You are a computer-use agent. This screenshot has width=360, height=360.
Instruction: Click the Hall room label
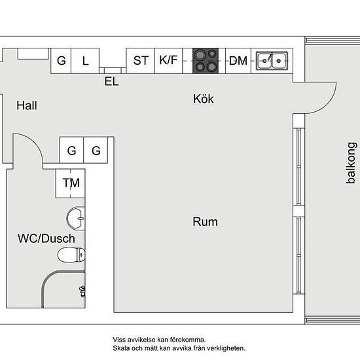click(x=27, y=105)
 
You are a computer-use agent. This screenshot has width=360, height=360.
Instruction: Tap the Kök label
click(x=203, y=99)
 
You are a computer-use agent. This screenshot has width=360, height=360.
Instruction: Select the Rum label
click(x=205, y=222)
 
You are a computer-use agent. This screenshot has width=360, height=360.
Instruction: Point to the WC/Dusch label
click(x=46, y=238)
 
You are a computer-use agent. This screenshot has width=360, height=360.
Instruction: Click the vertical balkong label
click(x=351, y=163)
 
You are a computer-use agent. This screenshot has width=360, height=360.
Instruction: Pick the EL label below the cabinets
click(x=111, y=81)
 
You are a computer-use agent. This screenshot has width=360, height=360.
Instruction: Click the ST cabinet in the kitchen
click(x=141, y=61)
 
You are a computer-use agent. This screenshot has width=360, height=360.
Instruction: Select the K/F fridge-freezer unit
click(x=168, y=61)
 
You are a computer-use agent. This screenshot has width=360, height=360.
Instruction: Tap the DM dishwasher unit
click(x=238, y=61)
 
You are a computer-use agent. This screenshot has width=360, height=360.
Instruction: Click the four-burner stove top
click(x=206, y=61)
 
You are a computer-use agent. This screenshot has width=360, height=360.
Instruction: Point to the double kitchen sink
click(x=272, y=61)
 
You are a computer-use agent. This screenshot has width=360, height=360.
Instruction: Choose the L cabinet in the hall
click(x=85, y=61)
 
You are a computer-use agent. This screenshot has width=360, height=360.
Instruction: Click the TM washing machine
click(x=70, y=183)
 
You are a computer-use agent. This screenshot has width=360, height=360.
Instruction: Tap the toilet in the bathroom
click(x=71, y=255)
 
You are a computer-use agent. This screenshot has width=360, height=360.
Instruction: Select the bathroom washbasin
click(x=76, y=218)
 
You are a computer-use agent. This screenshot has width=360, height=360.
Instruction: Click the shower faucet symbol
click(x=82, y=291)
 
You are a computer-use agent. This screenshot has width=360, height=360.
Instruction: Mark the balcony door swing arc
click(x=327, y=105)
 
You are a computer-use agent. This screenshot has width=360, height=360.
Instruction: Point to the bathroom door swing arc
click(x=34, y=142)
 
